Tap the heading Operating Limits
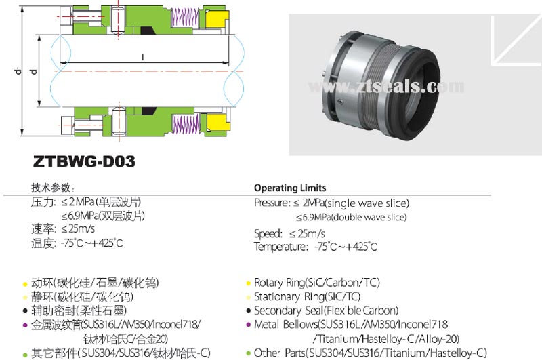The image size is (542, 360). click(x=289, y=188)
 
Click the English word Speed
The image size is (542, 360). click(x=268, y=233)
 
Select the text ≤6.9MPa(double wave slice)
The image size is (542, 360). click(x=351, y=218)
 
